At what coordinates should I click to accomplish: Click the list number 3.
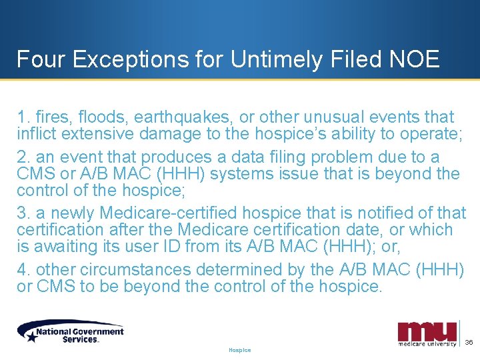pyautogui.click(x=21, y=213)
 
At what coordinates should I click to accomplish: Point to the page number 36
pyautogui.click(x=469, y=342)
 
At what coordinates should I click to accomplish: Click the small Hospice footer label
pyautogui.click(x=239, y=350)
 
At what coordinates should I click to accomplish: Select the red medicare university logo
pyautogui.click(x=427, y=334)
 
